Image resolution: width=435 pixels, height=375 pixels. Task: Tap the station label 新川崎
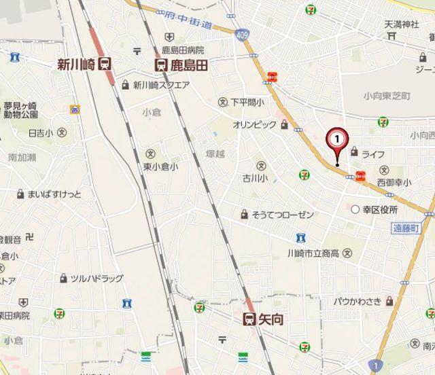(76, 65)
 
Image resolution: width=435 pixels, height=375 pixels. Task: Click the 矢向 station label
(271, 318)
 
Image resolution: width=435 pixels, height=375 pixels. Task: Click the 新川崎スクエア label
(160, 85)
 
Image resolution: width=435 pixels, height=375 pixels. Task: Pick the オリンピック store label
(254, 125)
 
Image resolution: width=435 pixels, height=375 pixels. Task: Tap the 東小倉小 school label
(160, 166)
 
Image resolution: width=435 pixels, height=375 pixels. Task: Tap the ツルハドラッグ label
(97, 279)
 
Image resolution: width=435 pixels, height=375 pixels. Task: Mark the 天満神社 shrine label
(402, 24)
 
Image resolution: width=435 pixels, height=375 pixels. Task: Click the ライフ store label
(372, 154)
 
